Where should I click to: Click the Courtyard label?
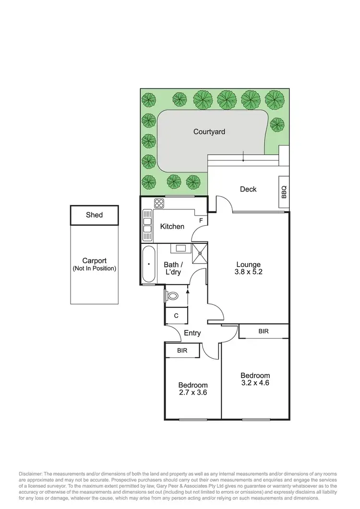pos(209,132)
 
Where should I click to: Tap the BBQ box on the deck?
pos(284,192)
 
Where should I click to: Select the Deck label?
pos(248,189)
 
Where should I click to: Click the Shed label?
pos(94,215)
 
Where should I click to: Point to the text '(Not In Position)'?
pos(94,268)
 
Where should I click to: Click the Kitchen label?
pos(172,226)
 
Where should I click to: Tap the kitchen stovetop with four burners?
pos(159,204)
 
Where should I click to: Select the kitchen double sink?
pos(147,226)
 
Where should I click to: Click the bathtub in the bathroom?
pos(148,264)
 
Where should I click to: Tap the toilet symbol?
pos(171,296)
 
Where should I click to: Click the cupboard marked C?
pos(176,315)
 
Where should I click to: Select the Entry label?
pos(192,333)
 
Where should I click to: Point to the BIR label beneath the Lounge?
pos(264,331)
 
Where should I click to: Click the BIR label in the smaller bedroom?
pos(182,351)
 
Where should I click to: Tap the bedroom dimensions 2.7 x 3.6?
pos(193,392)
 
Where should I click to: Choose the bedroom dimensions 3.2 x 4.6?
pos(255,383)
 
